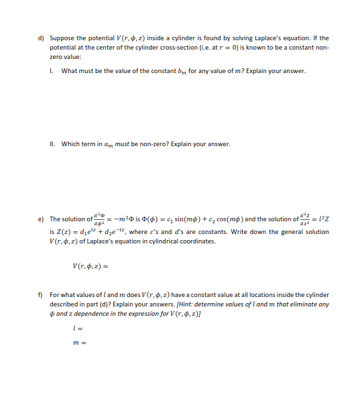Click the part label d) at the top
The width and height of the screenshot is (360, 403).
click(x=40, y=38)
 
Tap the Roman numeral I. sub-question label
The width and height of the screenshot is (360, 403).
click(x=52, y=70)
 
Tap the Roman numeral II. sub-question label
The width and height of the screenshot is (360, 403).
click(x=52, y=143)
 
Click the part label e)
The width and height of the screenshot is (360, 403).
click(x=40, y=219)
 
